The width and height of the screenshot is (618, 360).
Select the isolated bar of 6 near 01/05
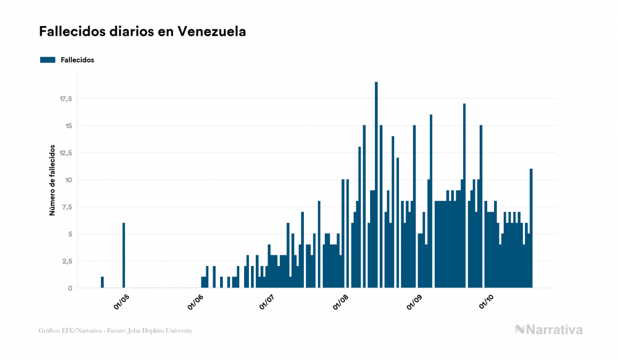tap(123, 255)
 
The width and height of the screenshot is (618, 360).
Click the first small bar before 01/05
tap(102, 282)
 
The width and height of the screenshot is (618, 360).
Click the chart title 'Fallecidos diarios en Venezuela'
tap(143, 32)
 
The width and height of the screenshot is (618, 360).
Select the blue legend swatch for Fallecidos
tap(48, 60)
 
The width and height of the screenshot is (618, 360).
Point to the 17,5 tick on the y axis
tap(66, 99)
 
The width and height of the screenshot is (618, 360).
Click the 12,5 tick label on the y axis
tap(66, 153)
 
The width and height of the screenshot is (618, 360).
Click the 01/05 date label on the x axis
tap(121, 302)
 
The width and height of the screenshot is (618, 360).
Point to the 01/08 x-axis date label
tap(340, 302)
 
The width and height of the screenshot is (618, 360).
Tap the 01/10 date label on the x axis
tap(486, 302)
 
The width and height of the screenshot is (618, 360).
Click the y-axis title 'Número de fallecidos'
tap(52, 179)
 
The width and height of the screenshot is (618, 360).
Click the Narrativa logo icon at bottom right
tap(520, 330)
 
